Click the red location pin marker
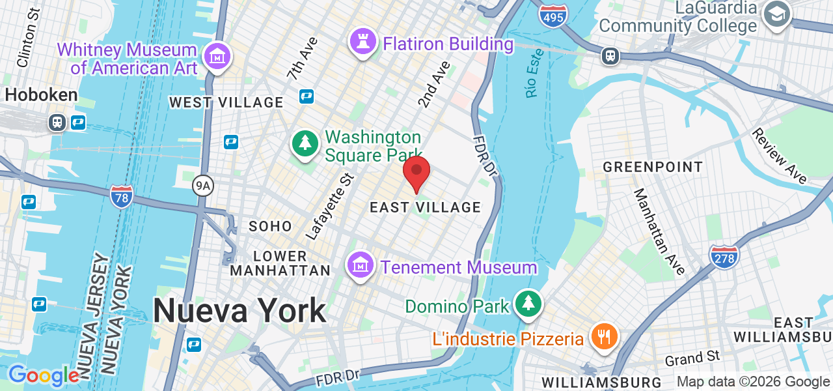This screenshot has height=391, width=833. (x=416, y=173)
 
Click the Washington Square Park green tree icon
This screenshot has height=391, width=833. (x=305, y=143)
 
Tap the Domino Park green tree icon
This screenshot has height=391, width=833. (x=528, y=304)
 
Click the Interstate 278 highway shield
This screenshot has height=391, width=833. (x=724, y=256)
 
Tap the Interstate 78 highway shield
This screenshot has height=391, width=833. (x=122, y=196)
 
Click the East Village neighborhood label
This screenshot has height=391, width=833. (x=425, y=207)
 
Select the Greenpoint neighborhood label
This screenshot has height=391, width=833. (x=653, y=167)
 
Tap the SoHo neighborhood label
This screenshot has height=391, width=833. (x=271, y=226)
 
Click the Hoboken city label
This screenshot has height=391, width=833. (x=41, y=94)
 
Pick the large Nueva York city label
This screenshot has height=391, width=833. (x=239, y=310)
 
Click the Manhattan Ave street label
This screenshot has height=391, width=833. (x=659, y=231)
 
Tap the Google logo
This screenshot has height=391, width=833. (x=43, y=375)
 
